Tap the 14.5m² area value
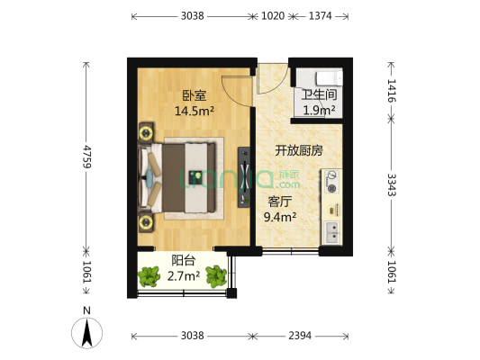pos(194,112)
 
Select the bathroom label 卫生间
pos(318,94)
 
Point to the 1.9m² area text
pos(318,110)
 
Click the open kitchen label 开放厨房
pos(299,150)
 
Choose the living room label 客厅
pos(280,201)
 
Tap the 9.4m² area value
pos(280,216)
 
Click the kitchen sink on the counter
pos(331,232)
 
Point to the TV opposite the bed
pos(244,176)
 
